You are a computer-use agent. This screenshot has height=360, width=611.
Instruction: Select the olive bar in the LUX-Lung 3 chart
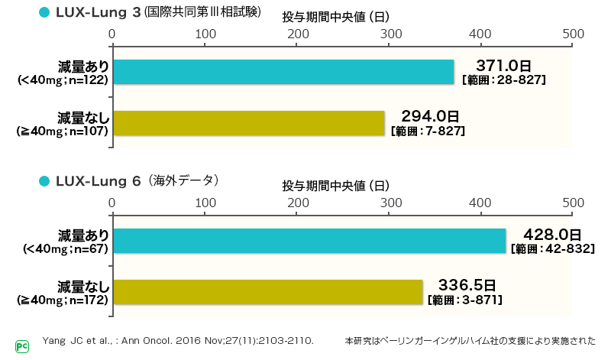[248, 124]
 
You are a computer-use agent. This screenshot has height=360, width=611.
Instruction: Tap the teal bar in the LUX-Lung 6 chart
[309, 241]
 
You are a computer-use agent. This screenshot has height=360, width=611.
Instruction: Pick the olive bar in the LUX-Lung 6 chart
[267, 293]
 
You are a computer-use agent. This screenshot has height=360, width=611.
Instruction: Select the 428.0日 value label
[553, 233]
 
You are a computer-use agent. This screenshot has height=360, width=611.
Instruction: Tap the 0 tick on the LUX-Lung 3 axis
[112, 34]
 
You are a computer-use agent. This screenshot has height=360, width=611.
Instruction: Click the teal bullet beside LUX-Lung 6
[44, 180]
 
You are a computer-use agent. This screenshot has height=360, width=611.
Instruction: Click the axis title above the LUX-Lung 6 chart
[336, 186]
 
